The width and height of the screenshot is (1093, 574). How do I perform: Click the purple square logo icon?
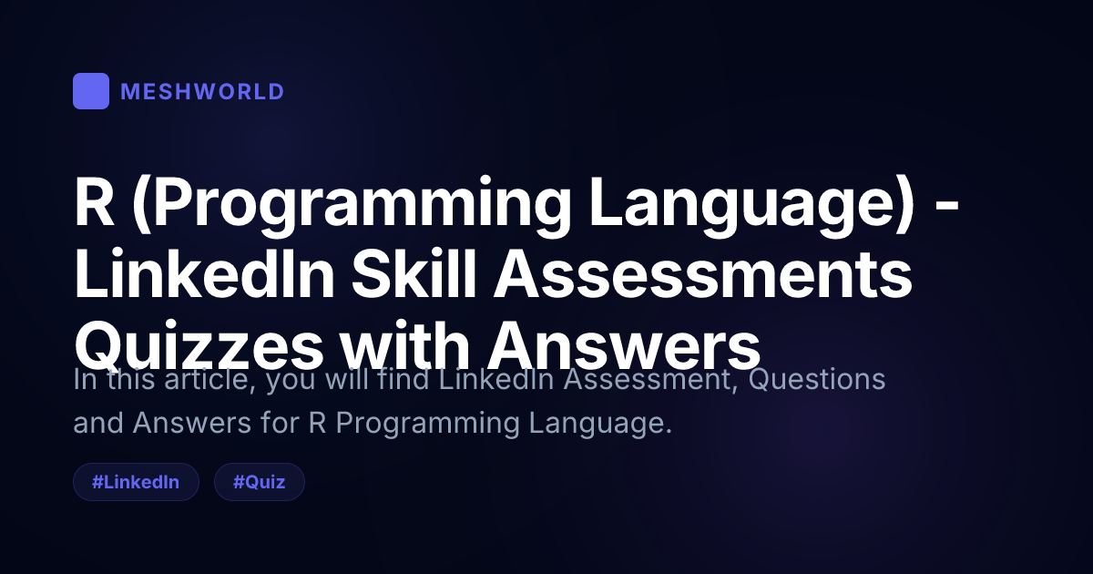click(91, 91)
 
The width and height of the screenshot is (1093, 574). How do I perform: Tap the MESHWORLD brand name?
click(202, 92)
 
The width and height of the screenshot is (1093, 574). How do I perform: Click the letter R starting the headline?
click(94, 201)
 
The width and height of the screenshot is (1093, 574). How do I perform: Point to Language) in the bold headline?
click(751, 207)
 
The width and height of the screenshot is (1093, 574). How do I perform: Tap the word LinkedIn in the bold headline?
click(204, 272)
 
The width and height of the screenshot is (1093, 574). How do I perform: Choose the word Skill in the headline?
click(414, 272)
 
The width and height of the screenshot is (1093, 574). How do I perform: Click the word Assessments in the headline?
click(702, 274)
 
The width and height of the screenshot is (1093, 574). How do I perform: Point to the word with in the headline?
click(405, 344)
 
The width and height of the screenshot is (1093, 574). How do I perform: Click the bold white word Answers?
click(624, 345)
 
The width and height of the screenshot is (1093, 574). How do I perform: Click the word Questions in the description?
click(817, 379)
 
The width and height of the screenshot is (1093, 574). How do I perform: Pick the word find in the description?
click(403, 379)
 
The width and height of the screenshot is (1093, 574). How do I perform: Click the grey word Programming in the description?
click(427, 424)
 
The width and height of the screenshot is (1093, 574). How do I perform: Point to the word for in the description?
click(280, 423)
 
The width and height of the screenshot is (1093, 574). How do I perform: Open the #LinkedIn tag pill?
click(136, 482)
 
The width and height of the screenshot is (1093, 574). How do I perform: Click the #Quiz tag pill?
click(259, 482)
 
